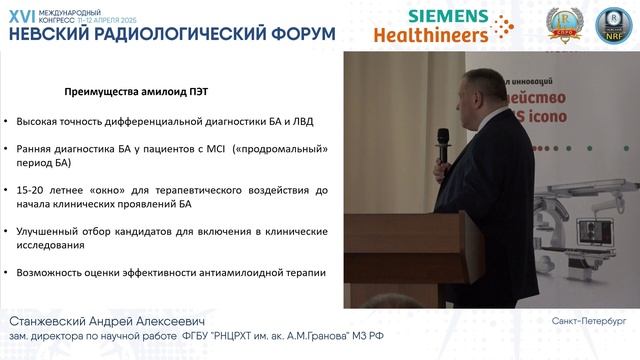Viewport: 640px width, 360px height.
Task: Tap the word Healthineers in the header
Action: tap(431, 34)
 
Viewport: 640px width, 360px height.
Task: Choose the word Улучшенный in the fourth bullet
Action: tap(50, 231)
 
